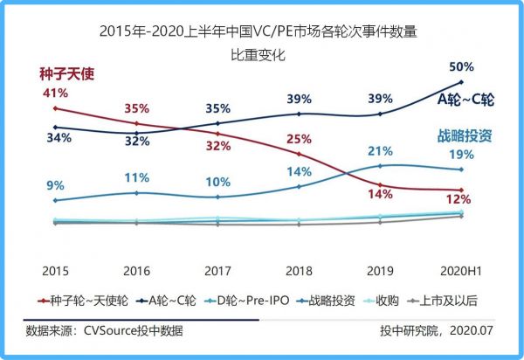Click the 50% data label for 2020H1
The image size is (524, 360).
click(x=461, y=66)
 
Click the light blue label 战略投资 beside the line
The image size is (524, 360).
click(x=465, y=135)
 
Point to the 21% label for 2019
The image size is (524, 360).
click(x=380, y=151)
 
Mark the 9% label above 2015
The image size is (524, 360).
click(x=55, y=184)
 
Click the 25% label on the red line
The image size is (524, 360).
click(x=299, y=138)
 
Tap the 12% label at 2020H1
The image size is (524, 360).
click(x=461, y=200)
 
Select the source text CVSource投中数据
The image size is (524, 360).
click(x=134, y=330)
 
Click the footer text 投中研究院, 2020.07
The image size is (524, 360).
click(x=438, y=330)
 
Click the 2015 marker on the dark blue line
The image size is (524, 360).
click(x=55, y=128)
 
